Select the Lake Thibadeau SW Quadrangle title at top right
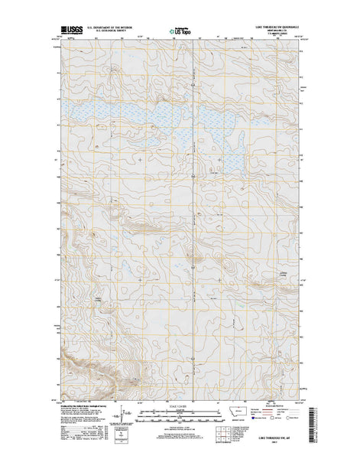273,25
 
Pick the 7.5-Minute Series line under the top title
273,34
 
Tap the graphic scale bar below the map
180,413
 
